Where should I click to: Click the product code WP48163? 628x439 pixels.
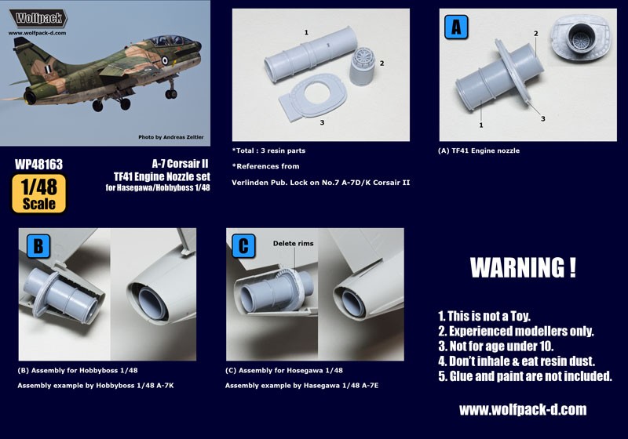click(x=38, y=165)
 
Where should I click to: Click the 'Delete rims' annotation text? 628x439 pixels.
click(x=294, y=244)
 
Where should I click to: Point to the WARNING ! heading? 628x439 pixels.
click(x=522, y=267)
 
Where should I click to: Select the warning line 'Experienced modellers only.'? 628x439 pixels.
click(x=515, y=332)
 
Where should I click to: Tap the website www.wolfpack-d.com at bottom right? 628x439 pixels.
click(x=522, y=410)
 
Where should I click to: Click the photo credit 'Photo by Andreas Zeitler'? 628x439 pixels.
click(x=170, y=137)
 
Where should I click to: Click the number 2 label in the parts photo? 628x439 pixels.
click(x=382, y=62)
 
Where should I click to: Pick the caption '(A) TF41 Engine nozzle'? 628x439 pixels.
click(x=479, y=151)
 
